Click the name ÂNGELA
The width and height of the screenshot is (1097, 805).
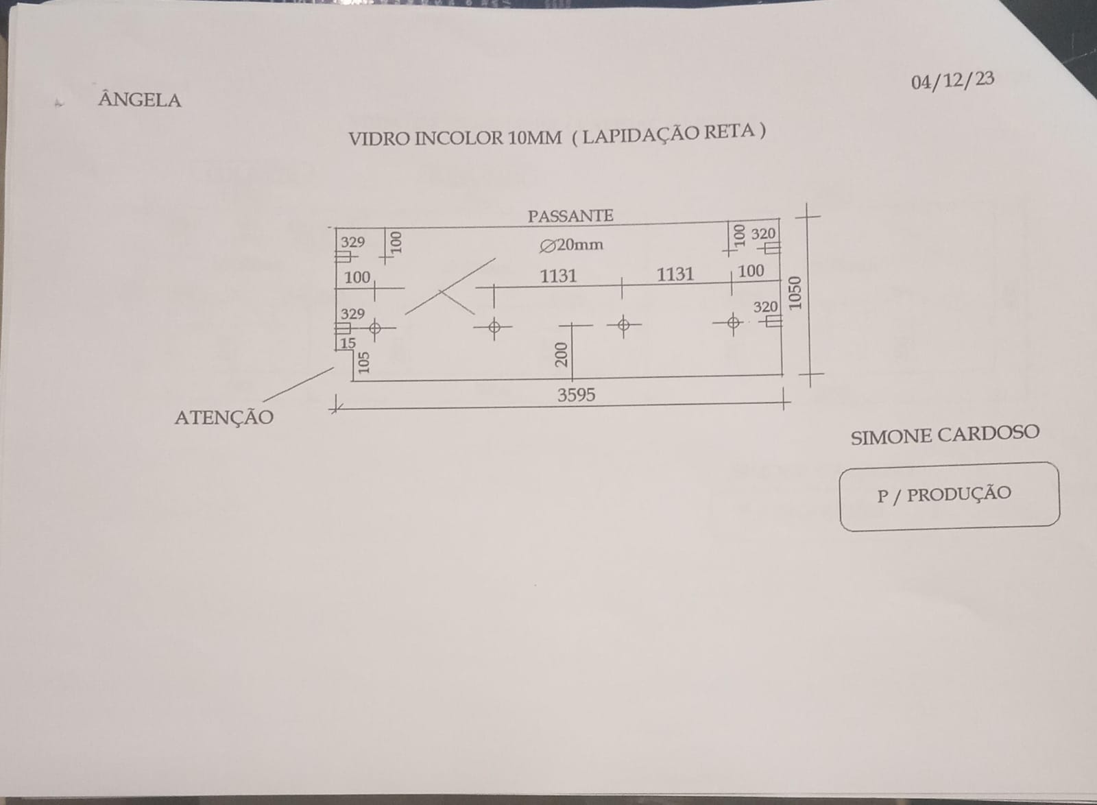point(140,100)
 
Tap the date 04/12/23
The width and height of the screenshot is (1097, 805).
point(952,81)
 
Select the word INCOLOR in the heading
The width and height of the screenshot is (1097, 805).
point(459,139)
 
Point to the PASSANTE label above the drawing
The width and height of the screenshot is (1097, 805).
point(570,216)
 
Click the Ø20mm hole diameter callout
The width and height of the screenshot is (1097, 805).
point(571,245)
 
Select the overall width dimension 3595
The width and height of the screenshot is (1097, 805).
point(577,395)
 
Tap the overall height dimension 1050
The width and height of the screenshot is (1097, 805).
point(795,293)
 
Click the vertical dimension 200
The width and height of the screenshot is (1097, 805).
point(562,355)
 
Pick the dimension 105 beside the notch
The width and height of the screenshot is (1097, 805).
point(363,362)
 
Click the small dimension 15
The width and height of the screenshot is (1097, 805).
point(348,344)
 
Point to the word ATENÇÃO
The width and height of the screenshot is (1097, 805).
point(224,417)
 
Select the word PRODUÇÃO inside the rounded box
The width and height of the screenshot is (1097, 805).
point(959,494)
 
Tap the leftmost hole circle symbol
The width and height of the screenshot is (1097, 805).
point(374,328)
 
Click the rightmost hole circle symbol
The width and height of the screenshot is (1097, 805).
point(733,323)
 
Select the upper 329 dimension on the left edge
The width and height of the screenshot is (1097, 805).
point(353,242)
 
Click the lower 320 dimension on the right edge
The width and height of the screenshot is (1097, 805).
point(765,307)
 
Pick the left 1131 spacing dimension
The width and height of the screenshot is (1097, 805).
point(558,276)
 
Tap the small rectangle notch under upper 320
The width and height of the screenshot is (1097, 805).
point(772,249)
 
